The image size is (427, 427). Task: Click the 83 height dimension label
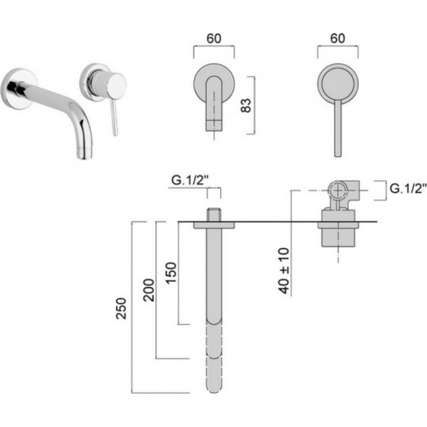tap(246, 105)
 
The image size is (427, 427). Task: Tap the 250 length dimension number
tap(121, 309)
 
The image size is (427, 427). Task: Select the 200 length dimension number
tap(149, 290)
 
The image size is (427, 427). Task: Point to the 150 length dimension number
tap(171, 273)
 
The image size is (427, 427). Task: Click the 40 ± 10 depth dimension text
tap(284, 271)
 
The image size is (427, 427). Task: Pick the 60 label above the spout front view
tap(214, 38)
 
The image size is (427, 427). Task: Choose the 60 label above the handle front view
tap(337, 38)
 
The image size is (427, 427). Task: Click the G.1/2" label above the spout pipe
tap(190, 180)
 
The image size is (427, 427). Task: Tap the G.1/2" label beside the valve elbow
tap(408, 188)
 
